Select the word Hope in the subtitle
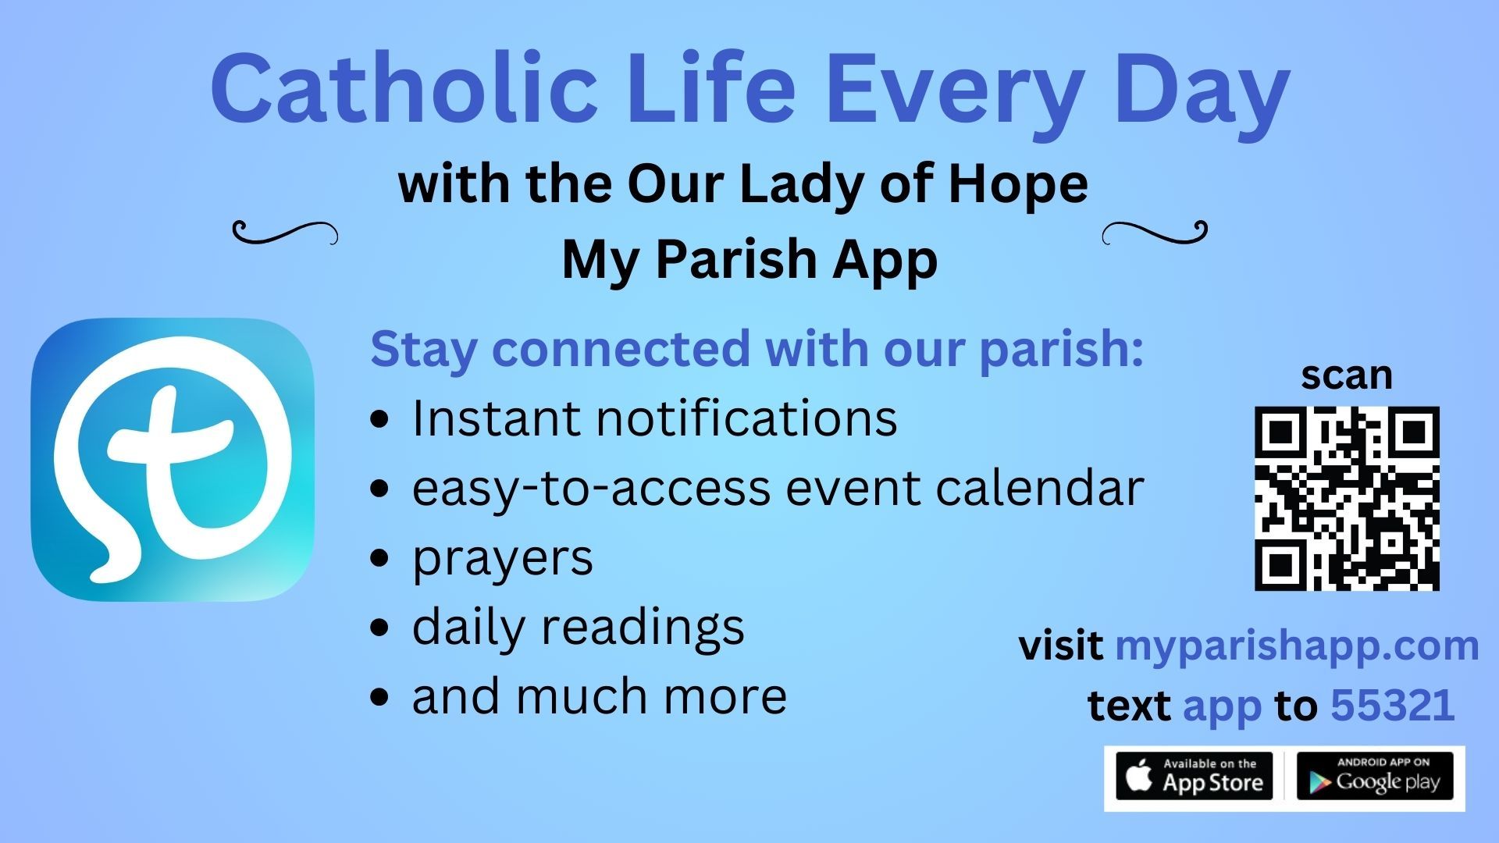[x=1017, y=184]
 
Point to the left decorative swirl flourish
[x=286, y=232]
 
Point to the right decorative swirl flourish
[x=1155, y=232]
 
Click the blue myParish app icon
[x=173, y=460]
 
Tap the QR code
[x=1347, y=498]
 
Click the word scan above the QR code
[x=1346, y=375]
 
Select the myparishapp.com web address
[x=1297, y=646]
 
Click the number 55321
[x=1392, y=706]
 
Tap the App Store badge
[x=1194, y=777]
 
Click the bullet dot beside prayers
[x=379, y=558]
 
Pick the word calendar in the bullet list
[x=1039, y=488]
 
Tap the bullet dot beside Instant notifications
[x=379, y=419]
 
